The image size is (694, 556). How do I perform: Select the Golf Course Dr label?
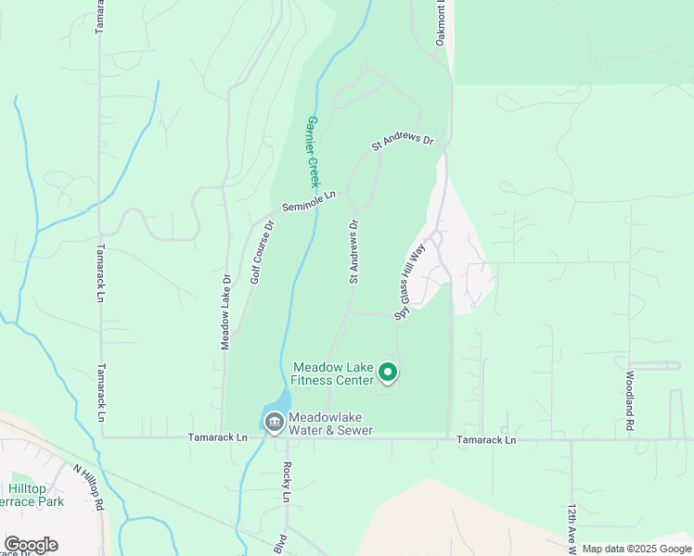coord(262,251)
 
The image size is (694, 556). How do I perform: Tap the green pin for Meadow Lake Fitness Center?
coord(389,373)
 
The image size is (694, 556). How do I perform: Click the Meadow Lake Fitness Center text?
coord(333,373)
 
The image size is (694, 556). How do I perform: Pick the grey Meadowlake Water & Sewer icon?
coord(275,423)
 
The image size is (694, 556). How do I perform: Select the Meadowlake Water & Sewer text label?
coord(330,423)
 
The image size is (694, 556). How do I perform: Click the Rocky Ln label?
coord(287,482)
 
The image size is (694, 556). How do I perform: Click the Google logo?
coord(31,545)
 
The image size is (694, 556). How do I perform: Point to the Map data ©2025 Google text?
coord(636,549)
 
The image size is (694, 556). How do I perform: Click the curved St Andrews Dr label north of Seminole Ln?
coord(403,142)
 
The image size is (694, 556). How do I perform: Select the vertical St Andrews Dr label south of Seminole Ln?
coord(353,251)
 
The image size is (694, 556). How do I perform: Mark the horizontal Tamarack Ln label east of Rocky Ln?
coord(486,440)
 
